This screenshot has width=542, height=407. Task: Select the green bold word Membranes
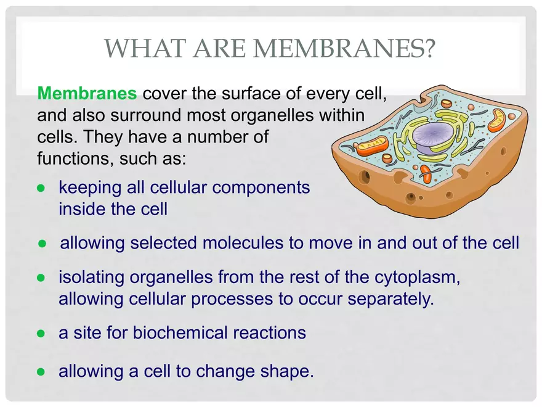pos(87,94)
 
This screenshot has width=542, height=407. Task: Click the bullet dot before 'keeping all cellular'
pos(41,187)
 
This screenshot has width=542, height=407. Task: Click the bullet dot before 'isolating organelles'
pos(41,278)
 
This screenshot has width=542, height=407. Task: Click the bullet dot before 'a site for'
pos(41,334)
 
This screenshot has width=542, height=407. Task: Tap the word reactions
pos(269,333)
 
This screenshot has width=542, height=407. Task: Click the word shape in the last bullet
pos(286,372)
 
